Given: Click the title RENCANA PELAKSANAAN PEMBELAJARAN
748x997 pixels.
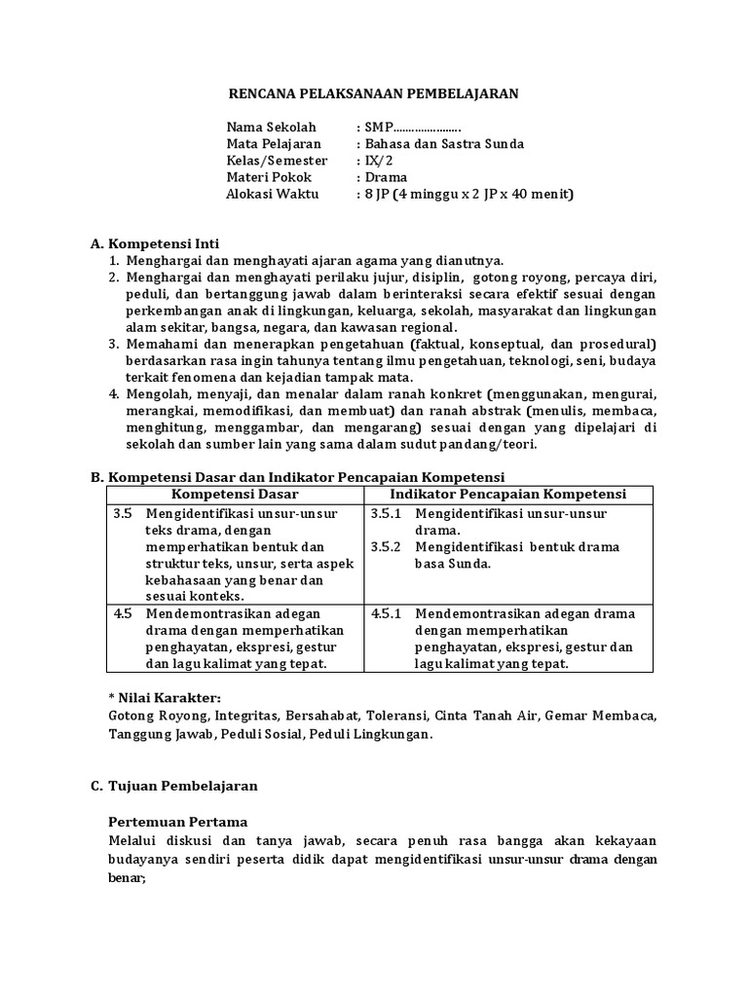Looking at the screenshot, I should coord(373,93).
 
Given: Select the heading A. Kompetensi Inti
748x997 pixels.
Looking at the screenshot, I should coord(162,243).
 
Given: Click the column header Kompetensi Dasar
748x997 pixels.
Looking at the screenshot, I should coord(235,495).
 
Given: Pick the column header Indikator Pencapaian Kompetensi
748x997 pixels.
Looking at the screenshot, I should coord(507,495).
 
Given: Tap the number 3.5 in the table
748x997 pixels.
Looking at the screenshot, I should coord(122,513).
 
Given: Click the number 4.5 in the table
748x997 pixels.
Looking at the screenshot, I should coord(122,613).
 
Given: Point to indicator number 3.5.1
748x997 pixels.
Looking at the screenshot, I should coord(387,513).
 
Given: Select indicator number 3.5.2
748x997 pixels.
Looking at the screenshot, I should coord(387,546).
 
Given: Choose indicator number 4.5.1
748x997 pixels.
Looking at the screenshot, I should coord(387,613).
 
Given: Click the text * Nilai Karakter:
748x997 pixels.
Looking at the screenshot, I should coord(165,698).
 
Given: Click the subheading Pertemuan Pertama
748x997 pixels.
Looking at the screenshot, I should coord(177,821).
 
